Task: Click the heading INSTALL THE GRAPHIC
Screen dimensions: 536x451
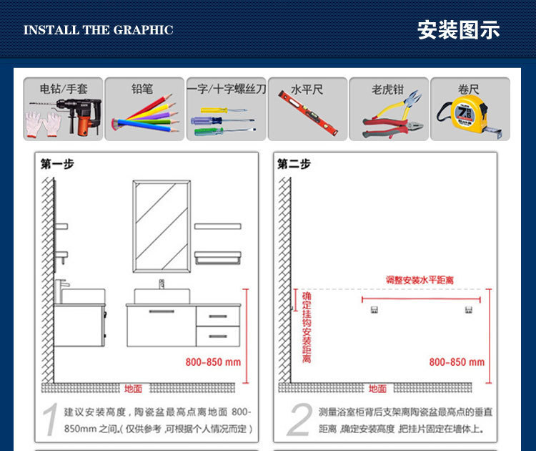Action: (x=98, y=30)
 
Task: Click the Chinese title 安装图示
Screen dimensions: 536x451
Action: (x=458, y=30)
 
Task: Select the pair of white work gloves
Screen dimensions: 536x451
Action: (x=43, y=124)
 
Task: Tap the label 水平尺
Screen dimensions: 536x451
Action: (x=307, y=89)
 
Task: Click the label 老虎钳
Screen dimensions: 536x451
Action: (x=387, y=89)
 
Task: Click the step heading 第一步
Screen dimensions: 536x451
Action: (x=57, y=164)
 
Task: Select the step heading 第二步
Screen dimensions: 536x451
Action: (x=294, y=164)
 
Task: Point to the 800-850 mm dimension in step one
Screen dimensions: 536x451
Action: (x=213, y=362)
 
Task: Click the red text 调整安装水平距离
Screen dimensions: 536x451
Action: (x=420, y=280)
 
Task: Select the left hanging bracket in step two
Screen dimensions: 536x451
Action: (x=374, y=310)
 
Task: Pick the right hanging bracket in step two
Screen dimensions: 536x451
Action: (x=469, y=310)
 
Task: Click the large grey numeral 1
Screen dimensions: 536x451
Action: (x=49, y=421)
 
